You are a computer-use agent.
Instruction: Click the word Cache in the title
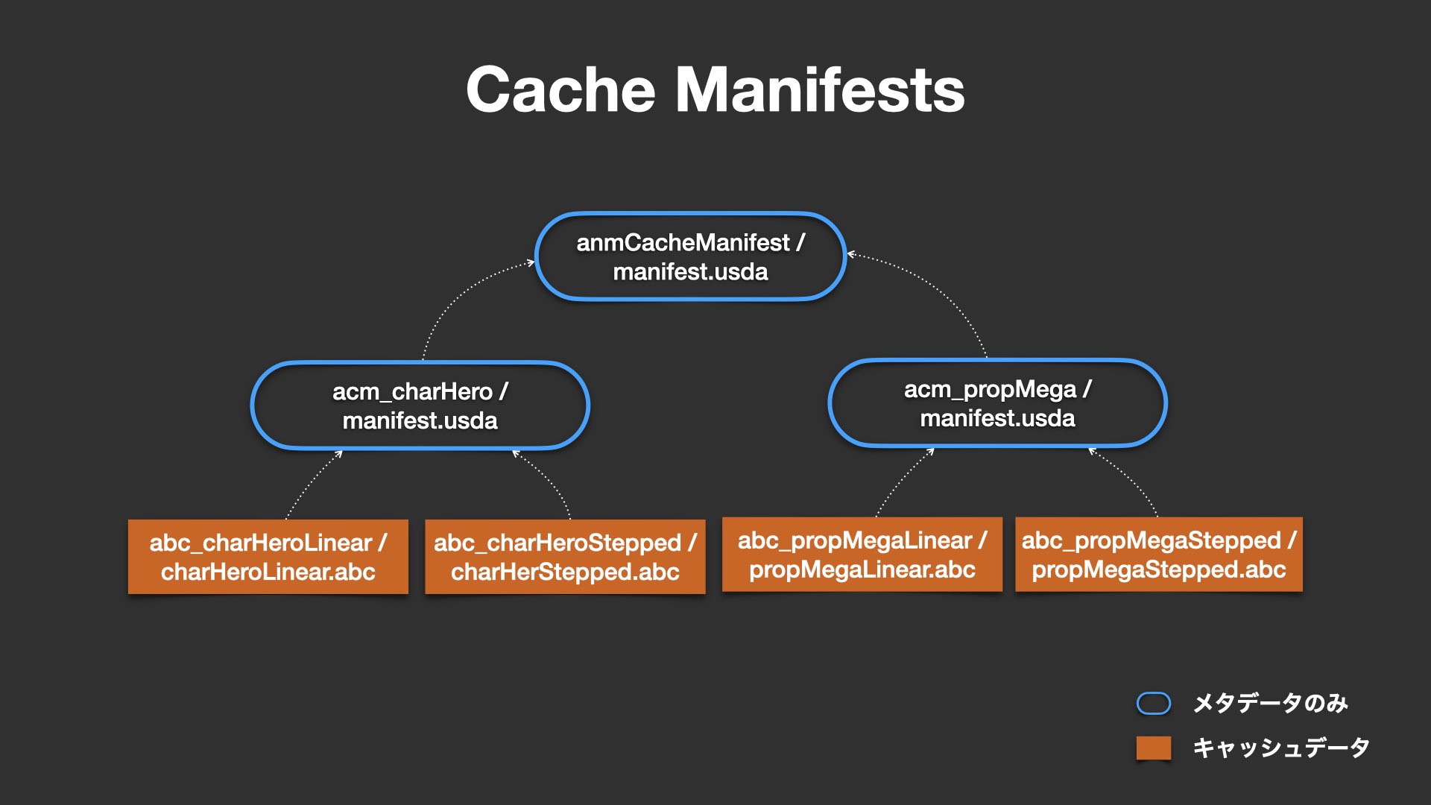point(560,89)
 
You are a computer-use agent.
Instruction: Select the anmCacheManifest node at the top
point(690,256)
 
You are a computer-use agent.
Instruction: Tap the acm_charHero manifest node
point(420,405)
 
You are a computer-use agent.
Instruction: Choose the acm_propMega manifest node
point(998,403)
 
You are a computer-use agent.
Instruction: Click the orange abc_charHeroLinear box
point(268,557)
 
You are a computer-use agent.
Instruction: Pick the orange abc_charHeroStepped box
point(565,557)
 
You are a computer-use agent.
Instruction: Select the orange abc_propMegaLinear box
point(862,555)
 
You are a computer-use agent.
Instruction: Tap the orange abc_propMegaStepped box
point(1159,555)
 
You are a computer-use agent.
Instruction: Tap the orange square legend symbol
point(1154,748)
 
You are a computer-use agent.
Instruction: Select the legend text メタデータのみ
point(1271,703)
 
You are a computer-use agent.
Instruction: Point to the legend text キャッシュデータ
point(1281,748)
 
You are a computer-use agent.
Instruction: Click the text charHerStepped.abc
point(565,572)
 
